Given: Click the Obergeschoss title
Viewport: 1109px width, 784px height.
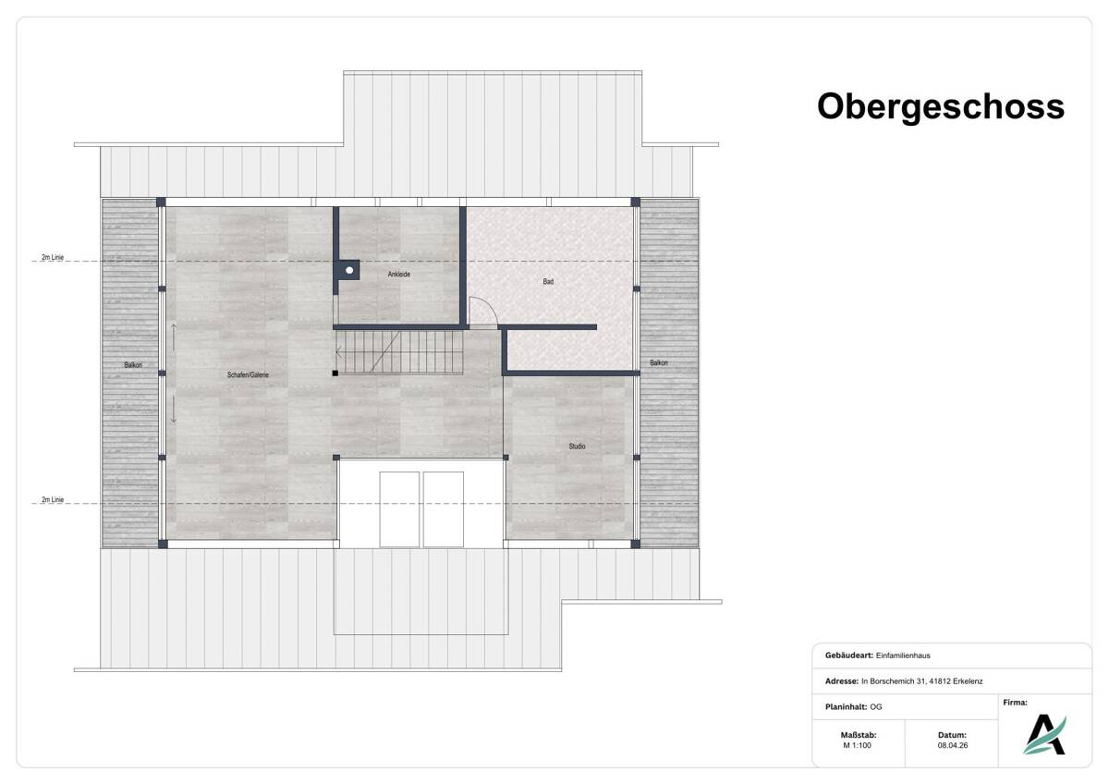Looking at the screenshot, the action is tap(940, 106).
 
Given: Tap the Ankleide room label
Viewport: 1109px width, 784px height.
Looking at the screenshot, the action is tap(398, 274).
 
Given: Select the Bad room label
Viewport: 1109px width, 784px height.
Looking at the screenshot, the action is tap(548, 281).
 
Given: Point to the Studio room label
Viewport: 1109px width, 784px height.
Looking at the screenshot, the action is tap(577, 447).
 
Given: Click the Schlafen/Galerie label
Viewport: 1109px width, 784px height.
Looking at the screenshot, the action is tap(248, 375).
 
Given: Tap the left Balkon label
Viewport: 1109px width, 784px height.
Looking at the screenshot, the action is tap(133, 365).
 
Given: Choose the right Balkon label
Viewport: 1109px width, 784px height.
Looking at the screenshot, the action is tap(658, 362).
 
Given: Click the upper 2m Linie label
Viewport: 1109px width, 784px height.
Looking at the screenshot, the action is tap(53, 257).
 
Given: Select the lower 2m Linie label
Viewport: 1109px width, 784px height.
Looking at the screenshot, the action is tap(53, 500).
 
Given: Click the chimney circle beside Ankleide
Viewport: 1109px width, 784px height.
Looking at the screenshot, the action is tap(349, 270).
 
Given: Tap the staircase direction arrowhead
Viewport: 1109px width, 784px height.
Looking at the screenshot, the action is tap(338, 352).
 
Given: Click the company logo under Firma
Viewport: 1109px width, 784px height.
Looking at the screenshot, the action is tap(1044, 734).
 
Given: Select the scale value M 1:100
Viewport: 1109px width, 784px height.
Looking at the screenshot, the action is tap(857, 745).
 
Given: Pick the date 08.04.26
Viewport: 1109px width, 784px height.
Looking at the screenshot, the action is tap(953, 745).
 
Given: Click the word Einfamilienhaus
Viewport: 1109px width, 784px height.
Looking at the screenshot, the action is tap(903, 655).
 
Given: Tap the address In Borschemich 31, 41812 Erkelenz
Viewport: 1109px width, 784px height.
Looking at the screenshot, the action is tap(922, 681).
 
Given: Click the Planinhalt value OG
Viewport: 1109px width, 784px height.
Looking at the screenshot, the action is tap(876, 706).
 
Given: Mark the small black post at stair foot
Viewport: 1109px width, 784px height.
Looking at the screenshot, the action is tap(335, 373).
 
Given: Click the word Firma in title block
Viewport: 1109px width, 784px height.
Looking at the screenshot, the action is tap(1015, 703).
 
